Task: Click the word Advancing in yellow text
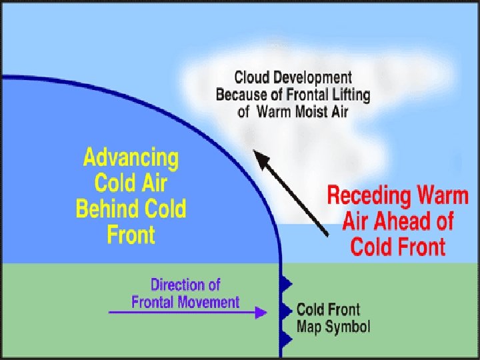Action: pyautogui.click(x=131, y=159)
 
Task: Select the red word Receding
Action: pyautogui.click(x=368, y=197)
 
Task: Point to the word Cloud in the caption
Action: pyautogui.click(x=252, y=79)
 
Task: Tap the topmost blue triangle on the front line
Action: pyautogui.click(x=287, y=284)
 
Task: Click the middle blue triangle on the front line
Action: pyautogui.click(x=287, y=311)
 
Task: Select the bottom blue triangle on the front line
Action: pyautogui.click(x=287, y=339)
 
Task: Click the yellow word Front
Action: pyautogui.click(x=131, y=235)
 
